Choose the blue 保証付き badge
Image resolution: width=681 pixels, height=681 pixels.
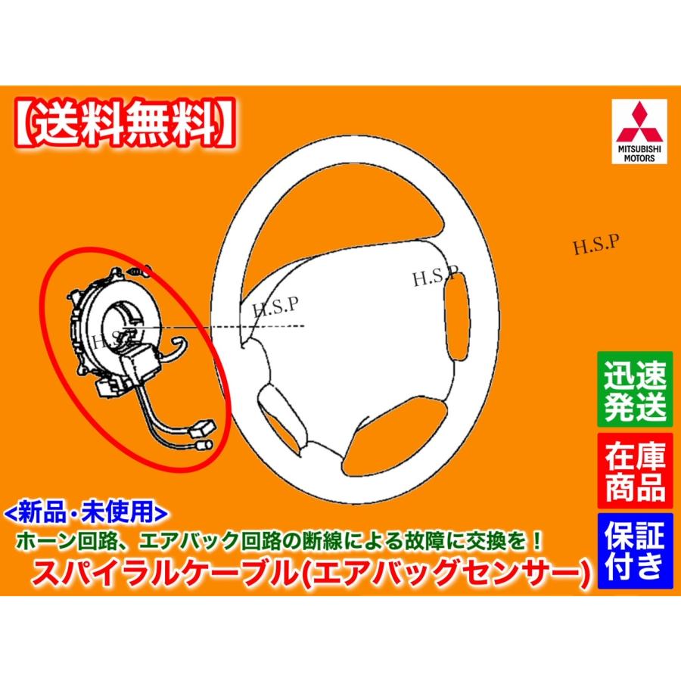(x=635, y=551)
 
